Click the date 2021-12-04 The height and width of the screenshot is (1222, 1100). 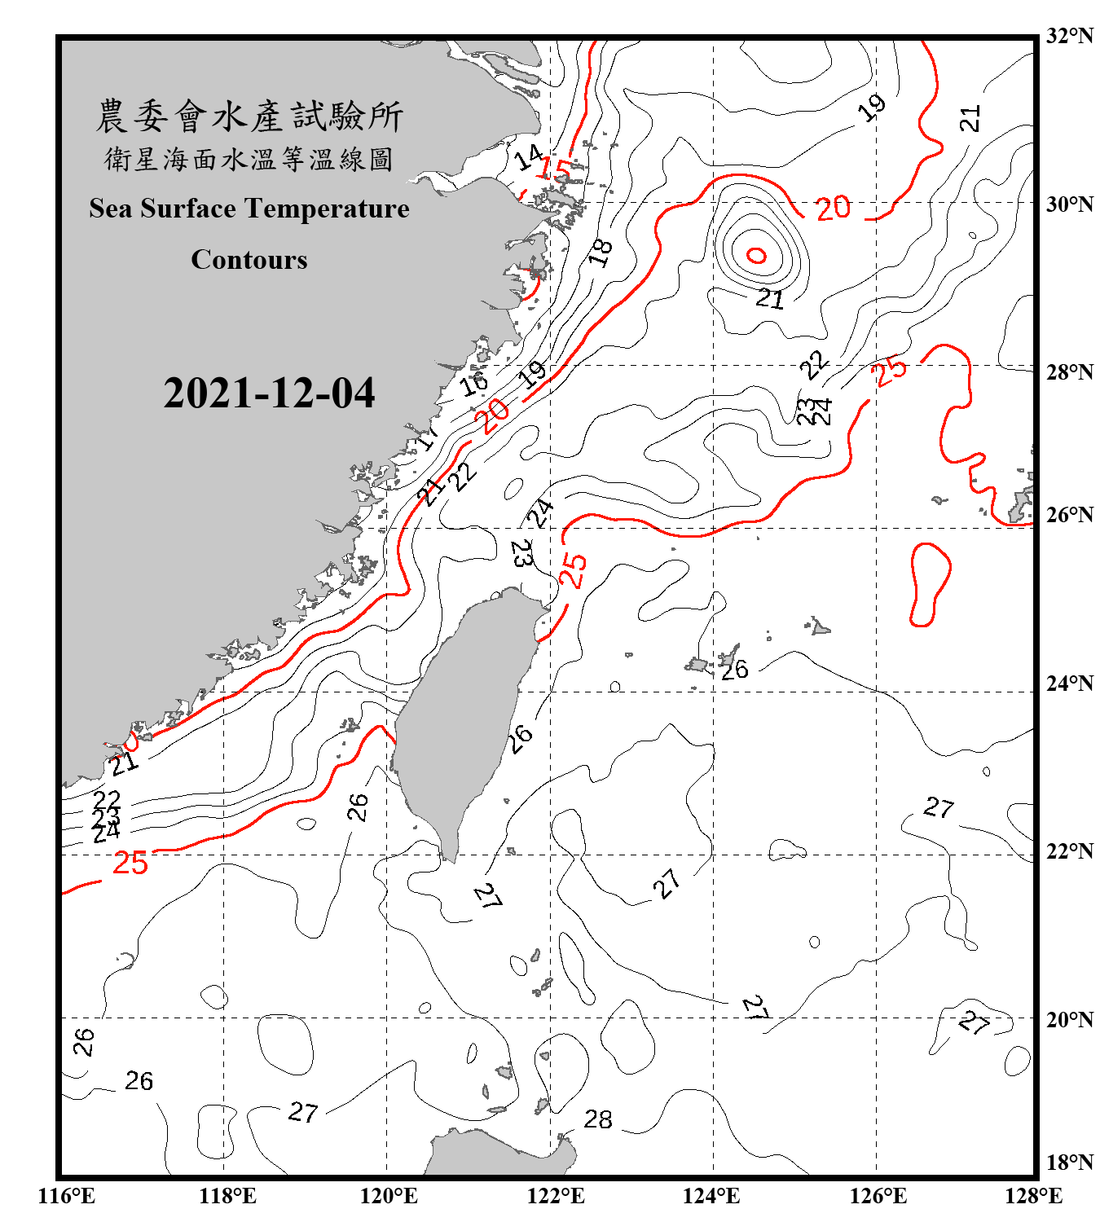[x=269, y=393]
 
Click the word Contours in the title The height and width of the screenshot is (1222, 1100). [x=249, y=260]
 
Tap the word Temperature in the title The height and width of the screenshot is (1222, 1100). [x=327, y=209]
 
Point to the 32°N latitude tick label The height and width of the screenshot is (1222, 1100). [x=1069, y=36]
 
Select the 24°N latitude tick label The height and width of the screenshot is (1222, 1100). [x=1069, y=684]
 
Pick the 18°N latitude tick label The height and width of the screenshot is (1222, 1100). [x=1069, y=1163]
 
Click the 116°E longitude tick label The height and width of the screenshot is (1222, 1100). [x=67, y=1196]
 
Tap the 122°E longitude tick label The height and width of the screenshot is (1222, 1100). [x=556, y=1196]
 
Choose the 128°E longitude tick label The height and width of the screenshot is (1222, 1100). [x=1033, y=1196]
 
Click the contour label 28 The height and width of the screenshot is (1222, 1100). [x=598, y=1119]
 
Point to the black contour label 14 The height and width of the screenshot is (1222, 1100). [x=529, y=156]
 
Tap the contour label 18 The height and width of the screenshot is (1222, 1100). [x=601, y=253]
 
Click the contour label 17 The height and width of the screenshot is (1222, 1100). [x=429, y=436]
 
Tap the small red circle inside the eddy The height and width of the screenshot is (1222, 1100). [x=757, y=256]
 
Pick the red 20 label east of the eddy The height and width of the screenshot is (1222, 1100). [x=834, y=209]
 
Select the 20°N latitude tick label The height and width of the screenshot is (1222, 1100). [x=1069, y=1019]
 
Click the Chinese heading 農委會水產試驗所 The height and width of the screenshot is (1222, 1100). [x=249, y=116]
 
